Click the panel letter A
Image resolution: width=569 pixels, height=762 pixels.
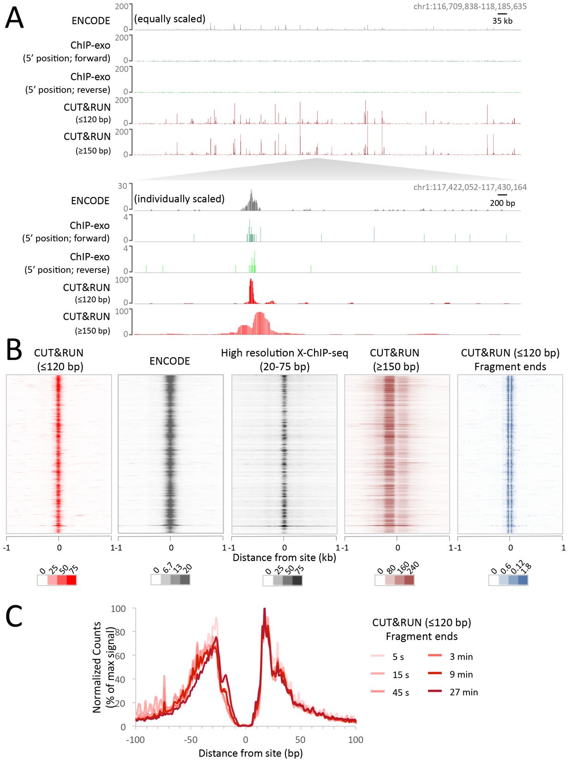14,18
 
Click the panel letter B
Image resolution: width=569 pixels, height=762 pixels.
14,350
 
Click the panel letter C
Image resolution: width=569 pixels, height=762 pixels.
14,616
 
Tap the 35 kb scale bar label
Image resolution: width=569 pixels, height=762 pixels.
502,21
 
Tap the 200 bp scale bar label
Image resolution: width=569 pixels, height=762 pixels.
502,203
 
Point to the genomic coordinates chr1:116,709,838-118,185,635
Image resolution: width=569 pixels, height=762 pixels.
470,6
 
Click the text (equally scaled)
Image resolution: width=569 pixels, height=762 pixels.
170,19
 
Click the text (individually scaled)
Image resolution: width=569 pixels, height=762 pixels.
179,199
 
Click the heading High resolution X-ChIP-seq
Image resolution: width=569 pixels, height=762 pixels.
284,353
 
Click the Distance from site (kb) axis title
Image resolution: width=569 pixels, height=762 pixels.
284,557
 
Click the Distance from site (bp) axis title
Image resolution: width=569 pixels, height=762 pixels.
250,753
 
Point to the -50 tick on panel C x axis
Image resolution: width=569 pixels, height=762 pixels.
190,740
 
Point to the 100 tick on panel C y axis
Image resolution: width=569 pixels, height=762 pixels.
118,609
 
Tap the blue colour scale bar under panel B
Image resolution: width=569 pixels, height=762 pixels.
508,580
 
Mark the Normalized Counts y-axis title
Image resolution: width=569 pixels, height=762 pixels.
97,667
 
